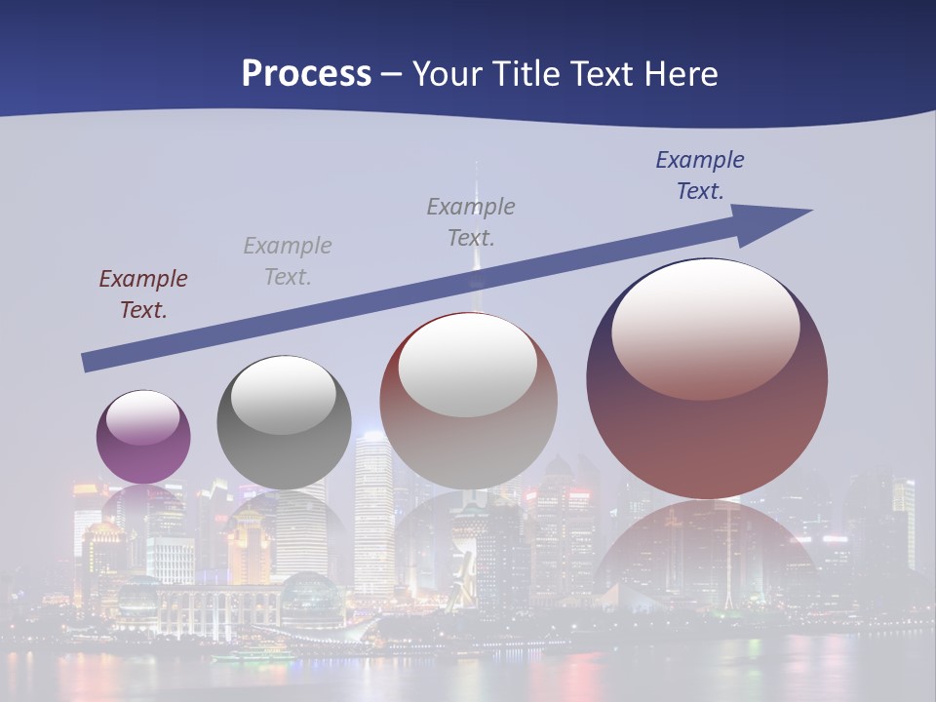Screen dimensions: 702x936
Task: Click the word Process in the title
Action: tap(306, 74)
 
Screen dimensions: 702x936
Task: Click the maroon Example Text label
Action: tap(143, 294)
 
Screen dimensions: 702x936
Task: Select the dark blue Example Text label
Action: tap(700, 175)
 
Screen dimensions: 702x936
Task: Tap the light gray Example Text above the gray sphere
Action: tap(288, 261)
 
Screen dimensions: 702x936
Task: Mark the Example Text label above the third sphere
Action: tap(471, 222)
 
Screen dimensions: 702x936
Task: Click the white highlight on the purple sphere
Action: tap(143, 416)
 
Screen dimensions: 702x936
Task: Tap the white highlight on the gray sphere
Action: tap(284, 393)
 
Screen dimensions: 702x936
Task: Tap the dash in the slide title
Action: tap(391, 74)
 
